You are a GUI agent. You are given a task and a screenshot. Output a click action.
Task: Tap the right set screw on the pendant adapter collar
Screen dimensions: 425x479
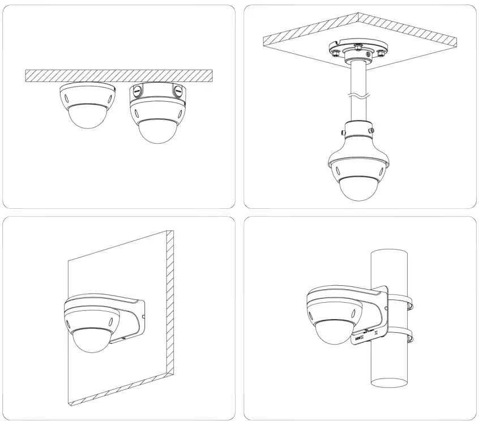click(x=371, y=131)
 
